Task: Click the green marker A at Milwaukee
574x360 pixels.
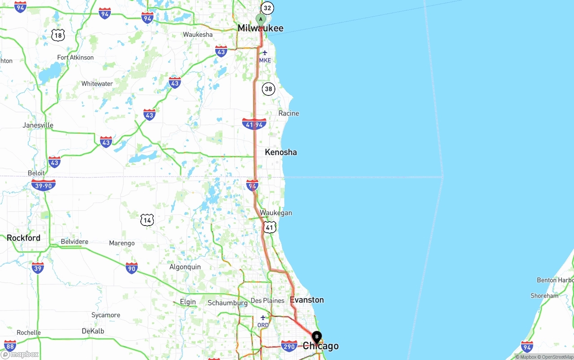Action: (261, 20)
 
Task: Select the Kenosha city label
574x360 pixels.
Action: (281, 152)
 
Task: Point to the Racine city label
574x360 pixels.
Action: (288, 113)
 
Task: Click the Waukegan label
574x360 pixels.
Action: (276, 213)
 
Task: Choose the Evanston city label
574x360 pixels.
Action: (307, 299)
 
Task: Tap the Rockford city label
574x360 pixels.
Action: (23, 238)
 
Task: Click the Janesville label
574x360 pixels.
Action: (38, 125)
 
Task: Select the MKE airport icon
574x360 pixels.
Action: (265, 53)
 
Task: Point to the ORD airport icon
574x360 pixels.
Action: (263, 318)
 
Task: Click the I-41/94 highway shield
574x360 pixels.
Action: (254, 124)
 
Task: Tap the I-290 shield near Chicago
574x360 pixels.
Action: (289, 346)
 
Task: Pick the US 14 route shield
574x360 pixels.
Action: (147, 220)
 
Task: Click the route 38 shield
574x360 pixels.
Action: (268, 89)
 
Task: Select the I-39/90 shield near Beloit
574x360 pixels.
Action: (43, 185)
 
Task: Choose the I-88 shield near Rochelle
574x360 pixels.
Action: (10, 345)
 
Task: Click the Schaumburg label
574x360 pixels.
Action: (227, 303)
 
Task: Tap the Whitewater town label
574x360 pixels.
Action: (97, 84)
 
